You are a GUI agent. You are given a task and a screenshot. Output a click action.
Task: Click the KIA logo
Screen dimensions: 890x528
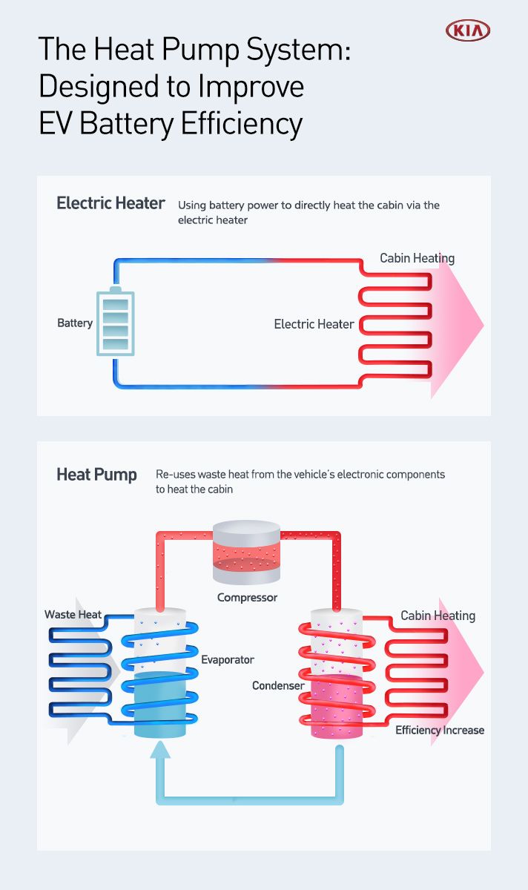tap(468, 30)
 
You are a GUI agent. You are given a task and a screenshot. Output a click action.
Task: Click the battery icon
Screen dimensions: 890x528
tap(116, 323)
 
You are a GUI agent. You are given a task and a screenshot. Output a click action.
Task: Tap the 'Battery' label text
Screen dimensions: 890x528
tap(75, 323)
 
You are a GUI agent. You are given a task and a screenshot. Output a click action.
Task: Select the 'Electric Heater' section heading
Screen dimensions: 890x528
tap(110, 203)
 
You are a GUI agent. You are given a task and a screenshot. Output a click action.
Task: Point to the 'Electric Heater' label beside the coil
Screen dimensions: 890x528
tap(314, 324)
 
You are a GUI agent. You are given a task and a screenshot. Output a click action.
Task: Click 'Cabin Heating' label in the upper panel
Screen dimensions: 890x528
tap(417, 259)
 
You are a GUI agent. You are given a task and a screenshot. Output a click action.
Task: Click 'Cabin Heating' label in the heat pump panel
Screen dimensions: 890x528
tap(438, 616)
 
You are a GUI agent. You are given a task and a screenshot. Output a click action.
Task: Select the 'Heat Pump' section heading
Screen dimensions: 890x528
tap(96, 475)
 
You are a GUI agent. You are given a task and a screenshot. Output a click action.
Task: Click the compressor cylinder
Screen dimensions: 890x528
tap(246, 552)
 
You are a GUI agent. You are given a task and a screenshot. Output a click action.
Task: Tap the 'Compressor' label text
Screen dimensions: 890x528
tap(247, 597)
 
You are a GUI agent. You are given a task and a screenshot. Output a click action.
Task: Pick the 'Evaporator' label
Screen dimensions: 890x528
tap(228, 659)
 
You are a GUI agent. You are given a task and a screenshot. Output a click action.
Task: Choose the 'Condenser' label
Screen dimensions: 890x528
tap(278, 686)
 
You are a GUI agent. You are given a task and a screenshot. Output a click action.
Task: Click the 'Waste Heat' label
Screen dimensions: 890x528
tap(73, 615)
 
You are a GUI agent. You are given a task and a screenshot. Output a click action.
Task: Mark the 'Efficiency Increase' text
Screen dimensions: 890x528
tap(439, 731)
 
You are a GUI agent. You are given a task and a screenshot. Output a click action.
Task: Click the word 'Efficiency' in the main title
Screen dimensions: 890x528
tap(242, 122)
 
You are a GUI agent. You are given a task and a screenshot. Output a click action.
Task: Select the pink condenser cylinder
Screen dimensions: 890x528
tap(337, 705)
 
